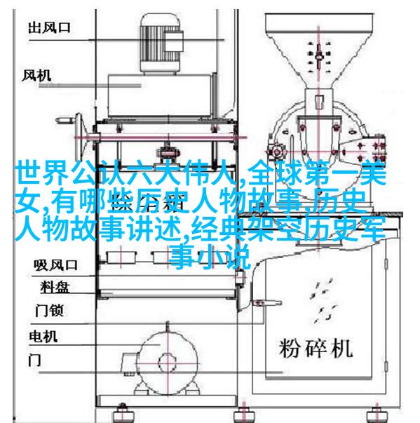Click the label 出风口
(49, 27)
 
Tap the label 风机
(36, 75)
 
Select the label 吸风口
(55, 265)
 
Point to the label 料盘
(55, 287)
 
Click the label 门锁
(49, 310)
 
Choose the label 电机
(43, 337)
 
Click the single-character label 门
(35, 360)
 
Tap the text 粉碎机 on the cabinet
(316, 348)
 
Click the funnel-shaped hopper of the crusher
(320, 51)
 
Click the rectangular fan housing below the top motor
(161, 95)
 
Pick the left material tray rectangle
(121, 257)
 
